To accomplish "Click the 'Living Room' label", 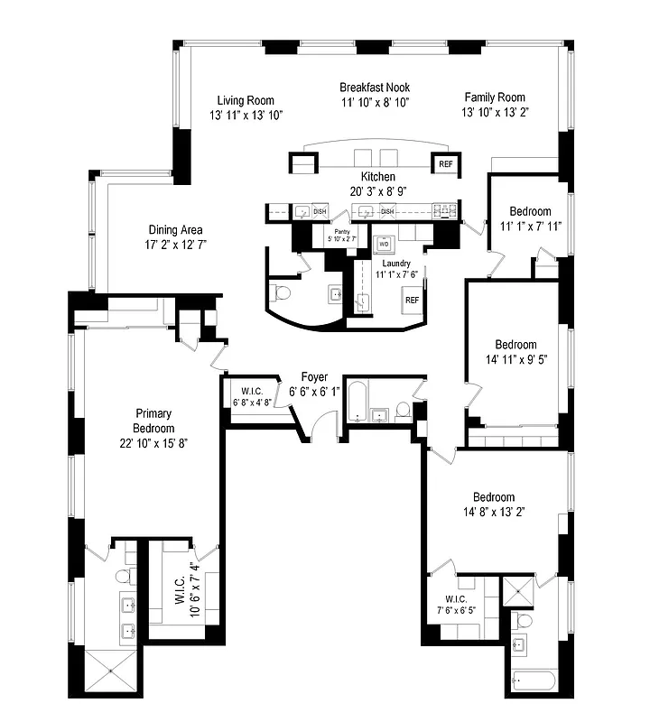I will pyautogui.click(x=246, y=100).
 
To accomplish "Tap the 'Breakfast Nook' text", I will pyautogui.click(x=375, y=88).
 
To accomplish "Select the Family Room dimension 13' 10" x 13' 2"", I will pyautogui.click(x=495, y=112).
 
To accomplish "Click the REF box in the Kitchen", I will pyautogui.click(x=445, y=164).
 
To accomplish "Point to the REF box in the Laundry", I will pyautogui.click(x=412, y=300).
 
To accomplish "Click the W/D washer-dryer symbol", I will pyautogui.click(x=384, y=244).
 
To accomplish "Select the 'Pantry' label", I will pyautogui.click(x=341, y=232).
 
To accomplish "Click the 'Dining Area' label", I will pyautogui.click(x=176, y=229).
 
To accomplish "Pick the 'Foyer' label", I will pyautogui.click(x=315, y=377).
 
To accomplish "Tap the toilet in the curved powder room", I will pyautogui.click(x=280, y=293).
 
